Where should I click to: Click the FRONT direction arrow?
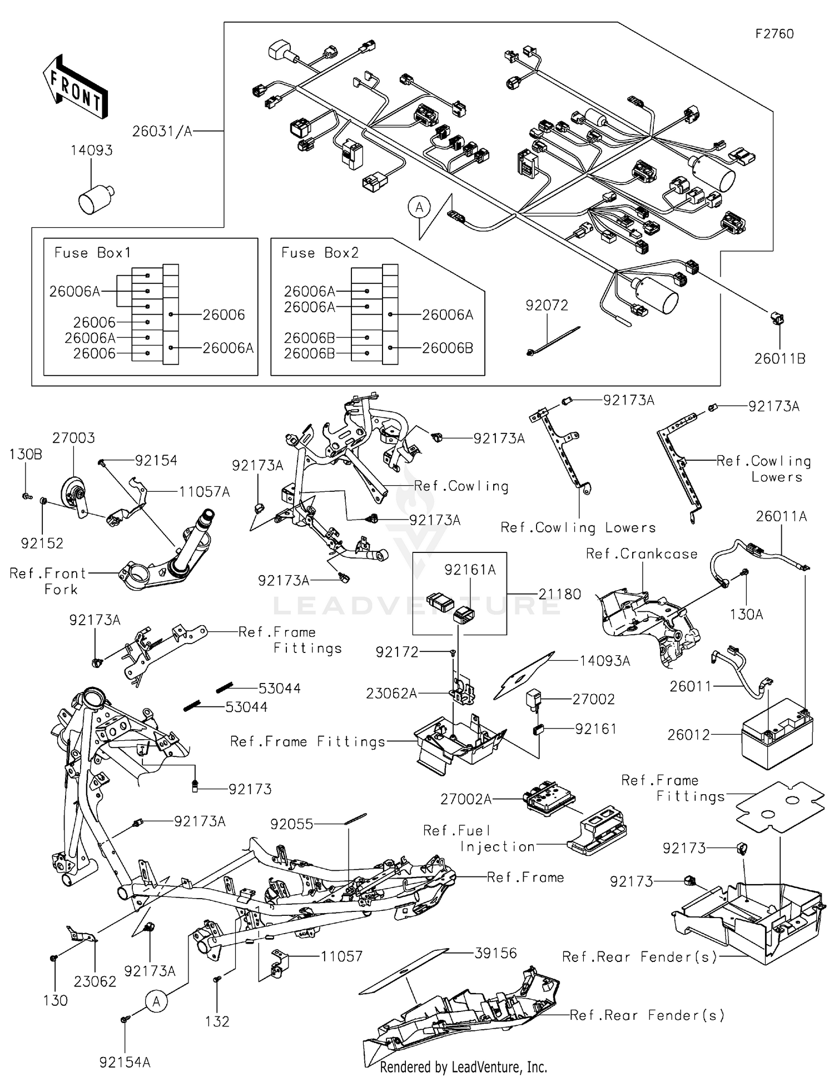75,87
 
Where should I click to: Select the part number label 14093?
92,151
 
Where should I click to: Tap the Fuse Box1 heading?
92,253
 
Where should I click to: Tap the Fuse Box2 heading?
320,253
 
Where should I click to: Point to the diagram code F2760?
775,34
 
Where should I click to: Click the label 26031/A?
162,132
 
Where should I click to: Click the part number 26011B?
780,359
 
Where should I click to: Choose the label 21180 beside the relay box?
559,594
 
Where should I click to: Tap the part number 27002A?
466,799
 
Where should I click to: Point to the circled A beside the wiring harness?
419,208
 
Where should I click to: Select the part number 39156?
495,953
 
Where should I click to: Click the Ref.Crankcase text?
642,554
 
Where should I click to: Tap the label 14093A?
604,661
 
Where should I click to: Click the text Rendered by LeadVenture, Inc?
463,1067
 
